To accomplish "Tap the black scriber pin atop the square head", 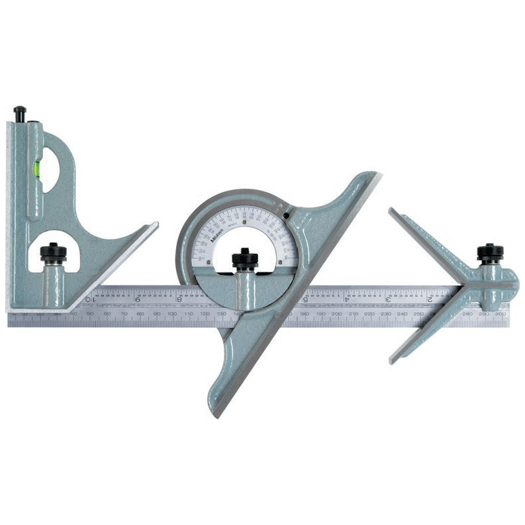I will [21, 113].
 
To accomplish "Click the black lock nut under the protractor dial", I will [244, 258].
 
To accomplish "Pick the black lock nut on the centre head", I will [490, 252].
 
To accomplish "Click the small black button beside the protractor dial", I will [285, 215].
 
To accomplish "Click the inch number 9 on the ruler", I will [137, 299].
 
